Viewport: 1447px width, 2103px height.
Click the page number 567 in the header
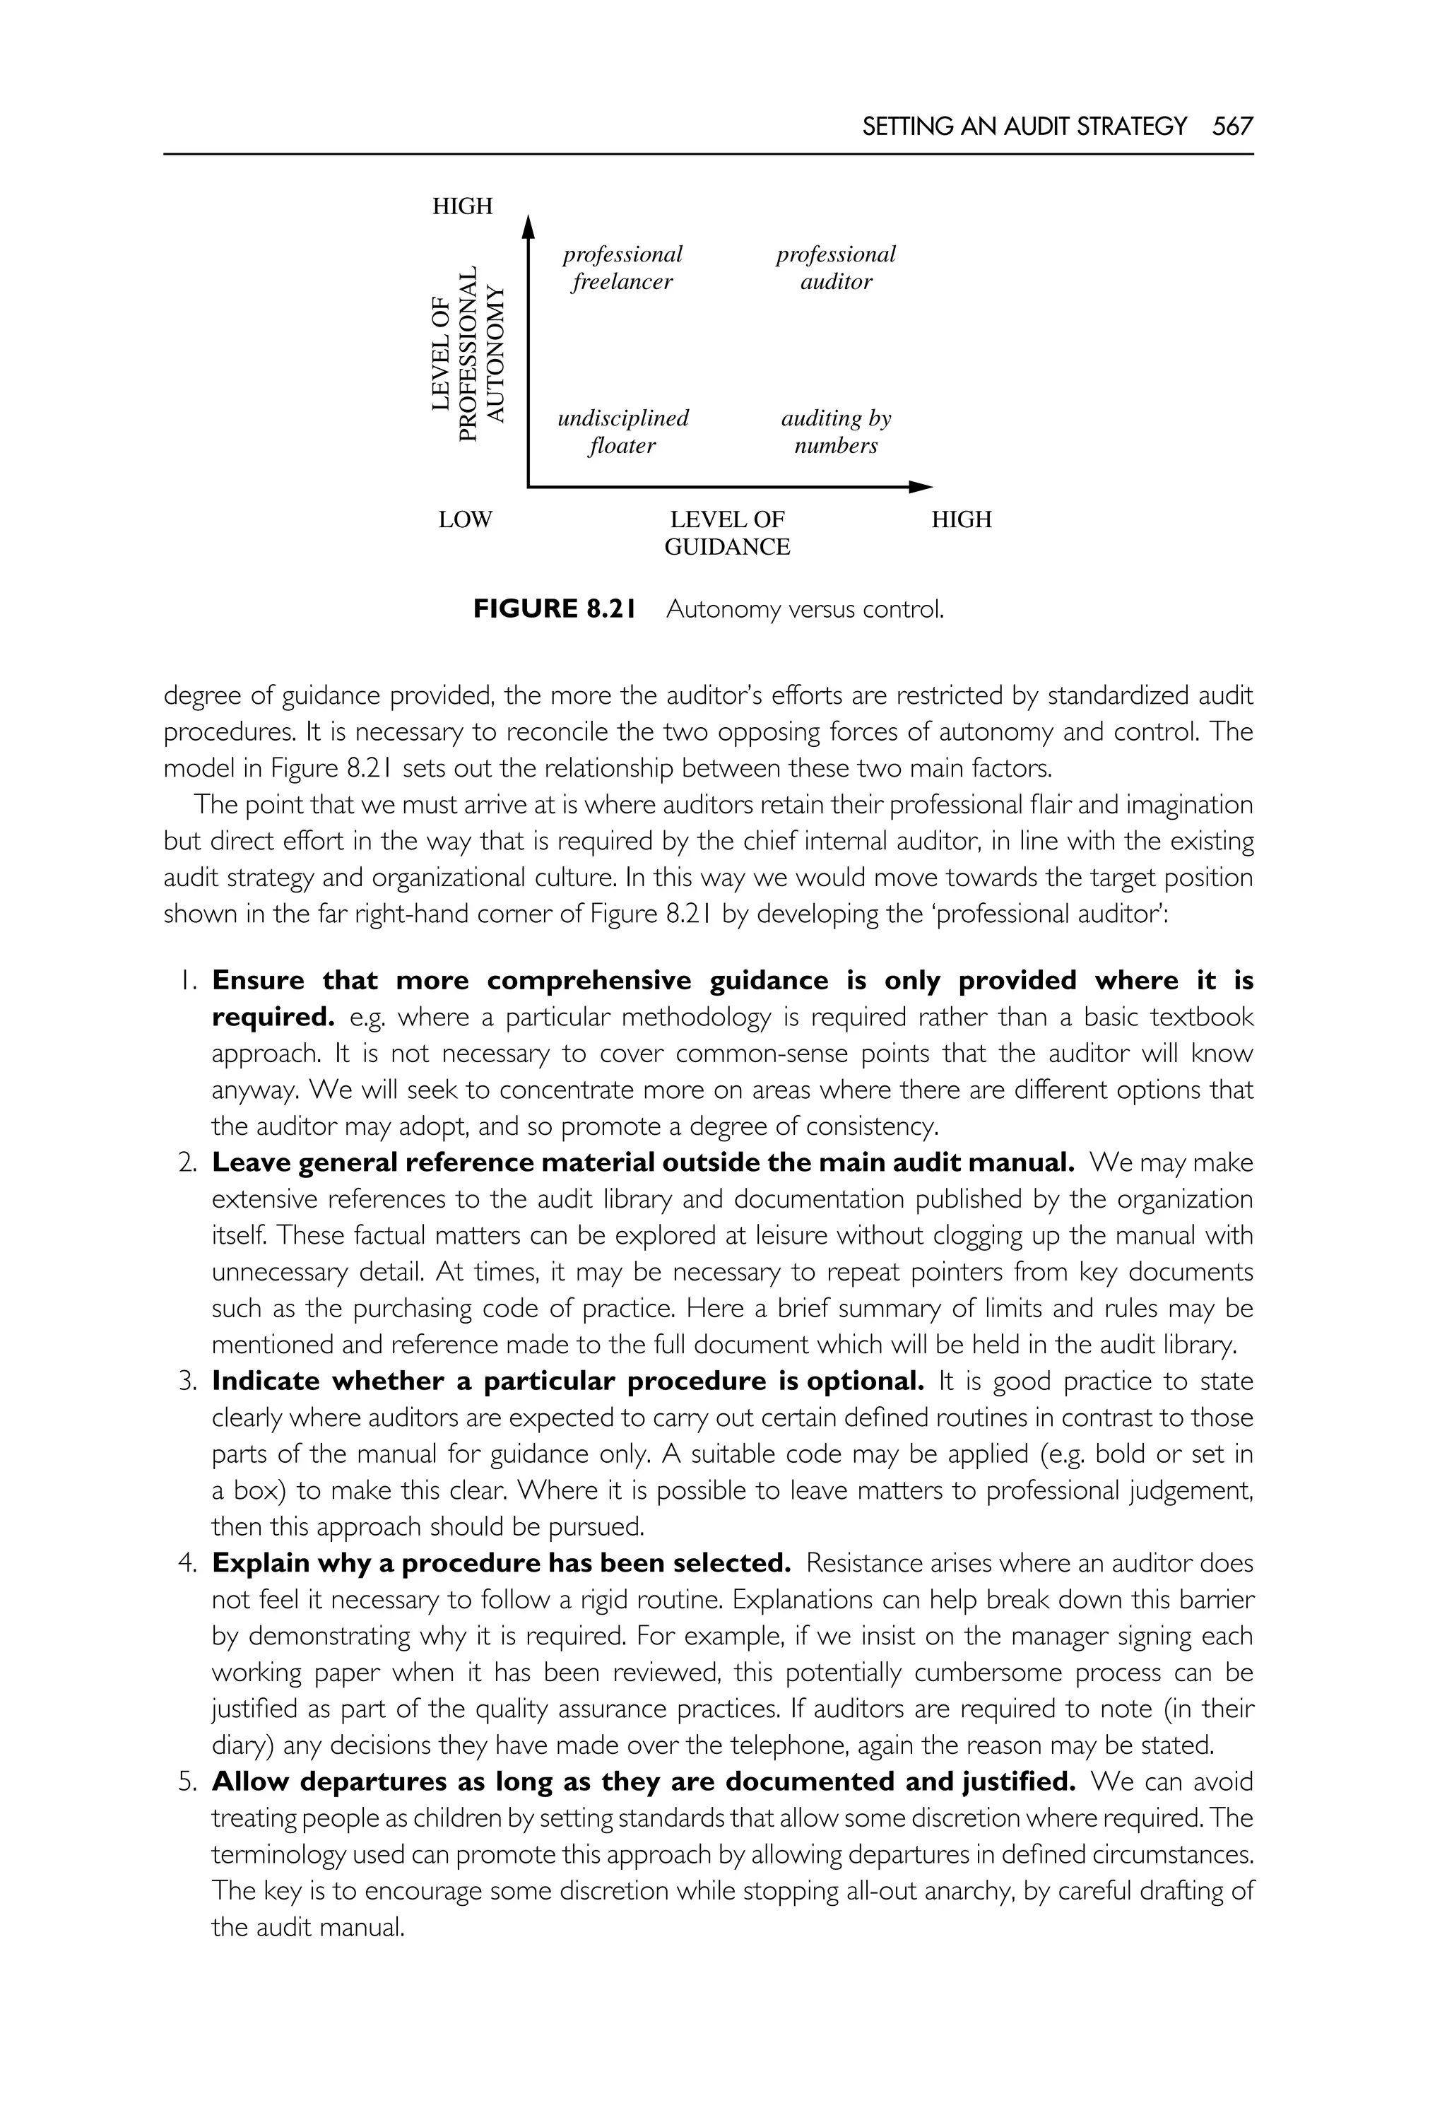[1232, 126]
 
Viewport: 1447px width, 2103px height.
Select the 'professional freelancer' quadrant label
[622, 268]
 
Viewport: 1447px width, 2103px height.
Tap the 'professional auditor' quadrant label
[835, 268]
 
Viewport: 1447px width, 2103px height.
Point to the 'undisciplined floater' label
[622, 432]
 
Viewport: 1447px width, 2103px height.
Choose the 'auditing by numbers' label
[835, 432]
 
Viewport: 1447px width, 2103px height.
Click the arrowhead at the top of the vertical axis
[528, 223]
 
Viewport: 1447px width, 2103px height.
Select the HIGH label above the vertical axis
[462, 207]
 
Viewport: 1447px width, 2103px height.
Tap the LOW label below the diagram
[465, 519]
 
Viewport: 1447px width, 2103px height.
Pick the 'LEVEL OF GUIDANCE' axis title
[727, 534]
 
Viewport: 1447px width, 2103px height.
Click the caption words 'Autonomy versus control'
[804, 609]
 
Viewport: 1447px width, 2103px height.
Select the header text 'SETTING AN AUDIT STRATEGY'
[1024, 126]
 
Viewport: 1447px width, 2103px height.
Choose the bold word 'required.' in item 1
[273, 1017]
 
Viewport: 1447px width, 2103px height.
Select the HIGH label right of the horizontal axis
[961, 519]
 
